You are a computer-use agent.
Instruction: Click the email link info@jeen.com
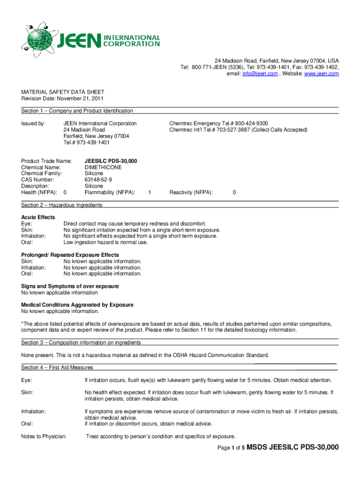(259, 74)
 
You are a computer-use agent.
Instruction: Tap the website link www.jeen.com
(322, 74)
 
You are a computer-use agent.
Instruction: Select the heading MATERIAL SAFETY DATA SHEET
(63, 92)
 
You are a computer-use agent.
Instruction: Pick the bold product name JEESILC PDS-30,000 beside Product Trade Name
(111, 161)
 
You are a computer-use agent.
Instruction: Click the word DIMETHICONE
(103, 167)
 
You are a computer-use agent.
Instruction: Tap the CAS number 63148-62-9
(98, 180)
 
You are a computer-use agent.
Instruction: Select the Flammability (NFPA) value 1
(149, 192)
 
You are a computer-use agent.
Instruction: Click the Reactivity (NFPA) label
(191, 192)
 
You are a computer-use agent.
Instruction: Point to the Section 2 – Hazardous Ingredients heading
(62, 205)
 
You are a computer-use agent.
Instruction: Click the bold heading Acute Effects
(38, 217)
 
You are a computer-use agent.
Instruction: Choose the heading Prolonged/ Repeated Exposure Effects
(70, 255)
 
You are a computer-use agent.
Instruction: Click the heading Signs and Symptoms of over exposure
(70, 286)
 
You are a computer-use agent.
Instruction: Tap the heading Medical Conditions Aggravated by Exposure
(77, 305)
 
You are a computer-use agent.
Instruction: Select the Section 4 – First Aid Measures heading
(57, 367)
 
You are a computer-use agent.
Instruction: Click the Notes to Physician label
(44, 436)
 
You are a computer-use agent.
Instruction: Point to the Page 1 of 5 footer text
(231, 448)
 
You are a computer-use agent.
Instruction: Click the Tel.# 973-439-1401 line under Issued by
(86, 142)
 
